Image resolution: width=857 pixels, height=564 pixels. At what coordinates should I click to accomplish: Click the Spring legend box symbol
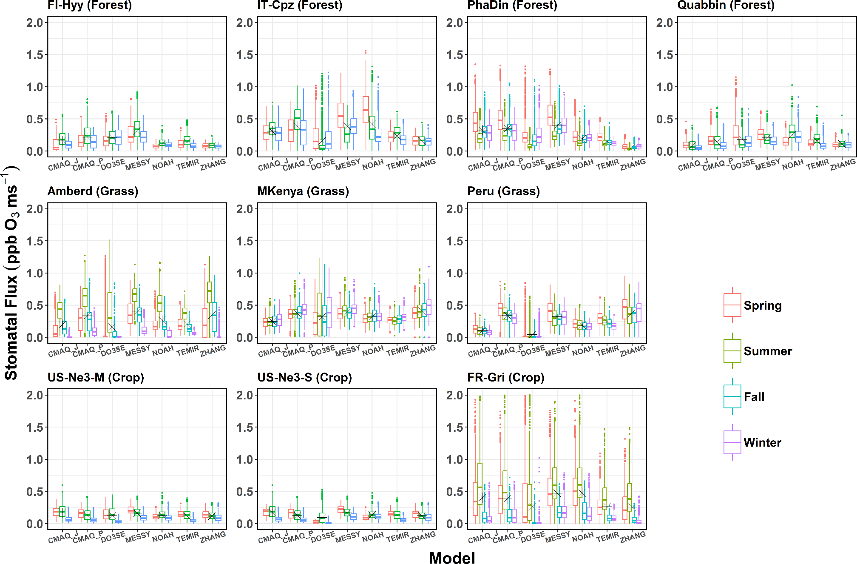732,305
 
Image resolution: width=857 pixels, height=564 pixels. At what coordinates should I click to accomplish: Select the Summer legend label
768,351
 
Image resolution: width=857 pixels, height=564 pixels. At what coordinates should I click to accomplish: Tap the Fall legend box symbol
732,396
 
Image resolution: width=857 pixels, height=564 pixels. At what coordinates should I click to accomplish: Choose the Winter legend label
763,443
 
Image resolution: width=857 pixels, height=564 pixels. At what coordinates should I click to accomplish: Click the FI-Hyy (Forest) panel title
90,6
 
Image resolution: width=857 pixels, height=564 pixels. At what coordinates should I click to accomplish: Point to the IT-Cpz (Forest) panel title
300,6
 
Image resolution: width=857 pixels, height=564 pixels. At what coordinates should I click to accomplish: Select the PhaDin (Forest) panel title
512,6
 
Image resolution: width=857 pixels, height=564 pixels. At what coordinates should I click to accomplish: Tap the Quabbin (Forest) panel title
726,6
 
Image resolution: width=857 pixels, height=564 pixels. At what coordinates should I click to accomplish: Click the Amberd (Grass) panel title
93,191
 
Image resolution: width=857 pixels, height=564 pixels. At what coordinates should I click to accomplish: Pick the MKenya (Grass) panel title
303,191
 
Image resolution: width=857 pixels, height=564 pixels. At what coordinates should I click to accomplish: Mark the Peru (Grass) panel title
503,191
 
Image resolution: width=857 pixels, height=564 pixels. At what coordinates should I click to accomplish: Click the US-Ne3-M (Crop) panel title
96,378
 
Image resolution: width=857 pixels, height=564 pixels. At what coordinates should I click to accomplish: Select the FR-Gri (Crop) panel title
505,378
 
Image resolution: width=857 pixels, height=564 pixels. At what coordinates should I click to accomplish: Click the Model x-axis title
452,558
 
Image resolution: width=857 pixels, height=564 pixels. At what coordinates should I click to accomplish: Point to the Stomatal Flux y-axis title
11,272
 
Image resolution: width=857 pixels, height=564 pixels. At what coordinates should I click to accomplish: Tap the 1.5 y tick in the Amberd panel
35,241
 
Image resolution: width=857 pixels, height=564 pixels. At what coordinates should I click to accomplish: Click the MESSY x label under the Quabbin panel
767,165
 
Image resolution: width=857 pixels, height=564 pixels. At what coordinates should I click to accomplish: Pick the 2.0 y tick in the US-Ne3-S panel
245,396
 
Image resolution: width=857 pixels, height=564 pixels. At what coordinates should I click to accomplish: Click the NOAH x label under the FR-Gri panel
582,537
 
